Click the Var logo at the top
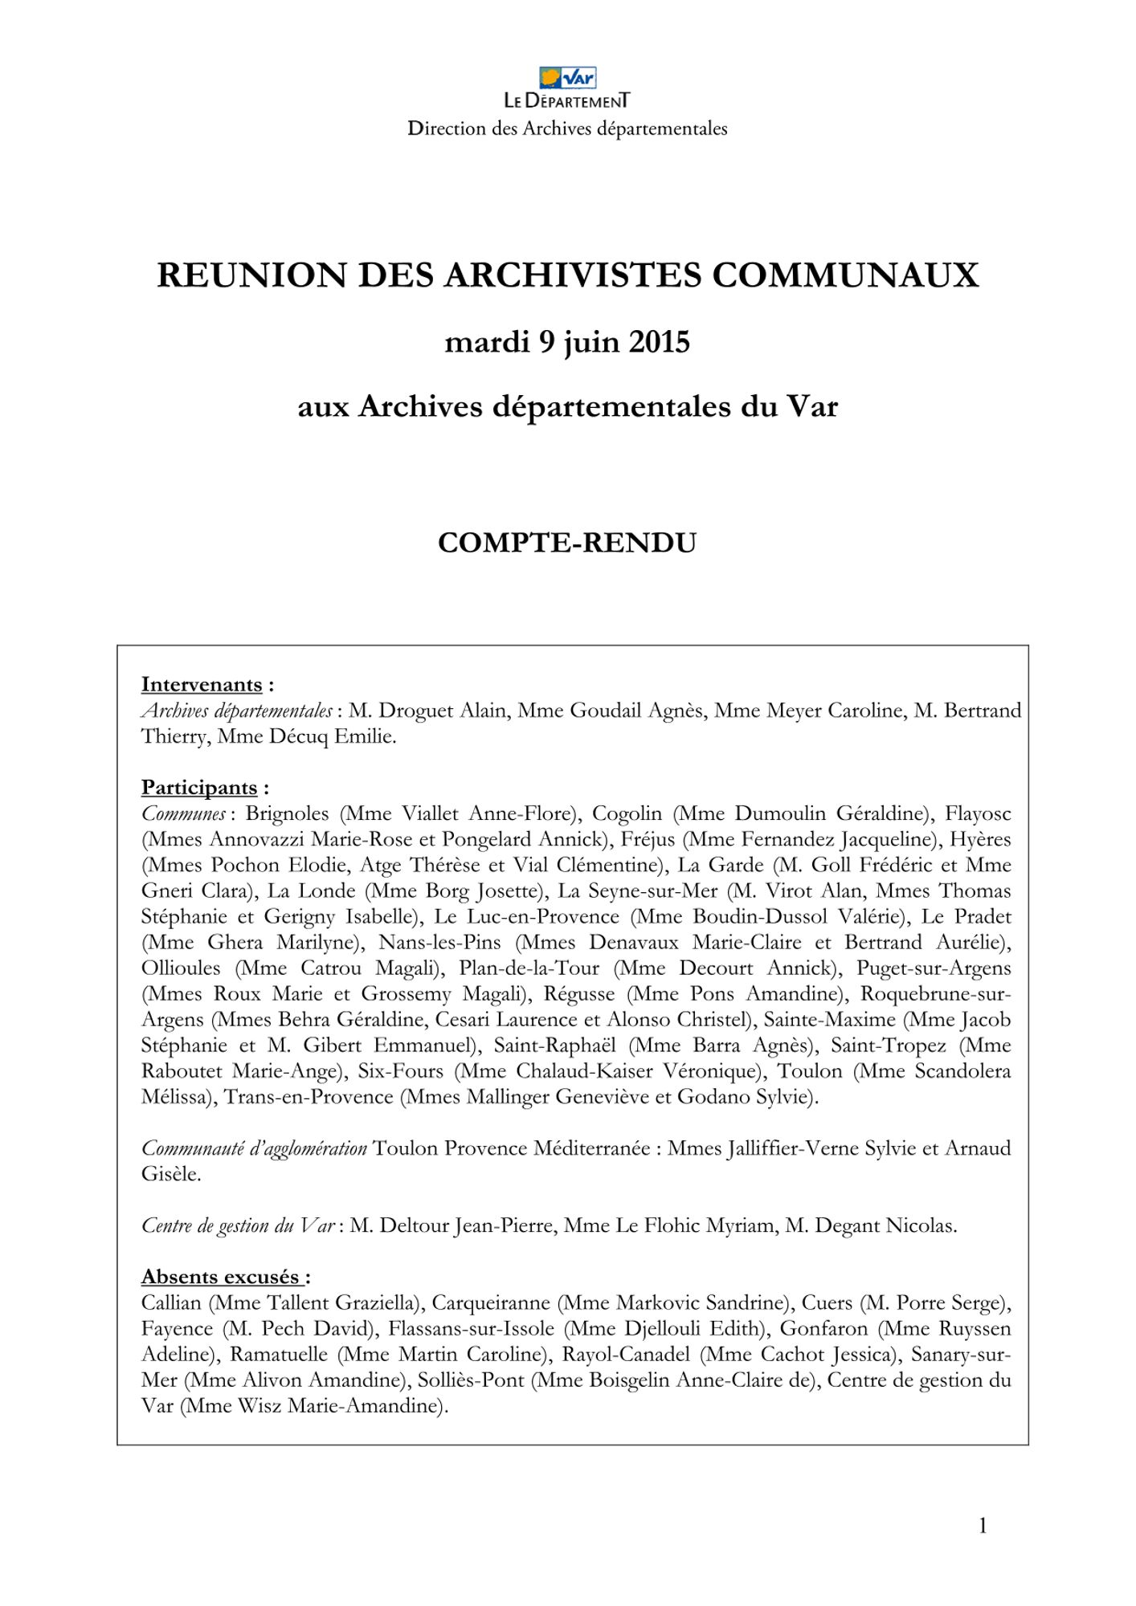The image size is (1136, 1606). [x=567, y=78]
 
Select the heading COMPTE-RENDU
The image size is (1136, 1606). [x=567, y=544]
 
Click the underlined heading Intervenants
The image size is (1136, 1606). [x=202, y=685]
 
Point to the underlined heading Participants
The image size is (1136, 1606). [x=199, y=788]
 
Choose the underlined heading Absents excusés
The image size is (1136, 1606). [x=221, y=1278]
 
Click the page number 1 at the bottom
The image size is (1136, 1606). [x=983, y=1526]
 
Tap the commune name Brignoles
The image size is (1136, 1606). [x=287, y=813]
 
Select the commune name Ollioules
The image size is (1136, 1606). [x=181, y=968]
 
